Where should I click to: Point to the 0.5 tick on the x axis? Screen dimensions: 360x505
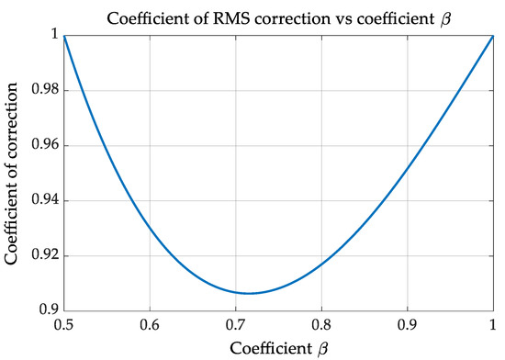(63, 325)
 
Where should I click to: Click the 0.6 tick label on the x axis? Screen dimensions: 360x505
(150, 325)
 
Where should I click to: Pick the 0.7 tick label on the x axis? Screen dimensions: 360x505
(236, 325)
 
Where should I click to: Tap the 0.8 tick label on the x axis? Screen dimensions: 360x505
(322, 325)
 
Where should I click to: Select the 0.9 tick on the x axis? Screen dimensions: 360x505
(409, 325)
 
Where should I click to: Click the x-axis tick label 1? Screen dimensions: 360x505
(495, 325)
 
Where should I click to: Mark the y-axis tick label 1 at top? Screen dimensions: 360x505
(53, 35)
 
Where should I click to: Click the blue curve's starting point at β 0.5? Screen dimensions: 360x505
(63, 36)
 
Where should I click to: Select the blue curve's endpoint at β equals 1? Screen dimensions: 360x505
(495, 36)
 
